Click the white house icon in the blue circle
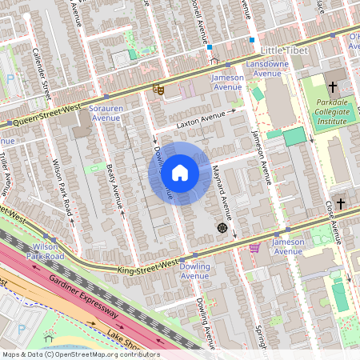[x=180, y=173]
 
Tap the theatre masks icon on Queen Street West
[x=158, y=91]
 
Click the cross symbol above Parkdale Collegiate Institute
[x=331, y=86]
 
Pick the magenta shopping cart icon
[x=254, y=248]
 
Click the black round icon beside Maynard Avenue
[x=222, y=228]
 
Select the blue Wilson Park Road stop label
[x=45, y=251]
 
